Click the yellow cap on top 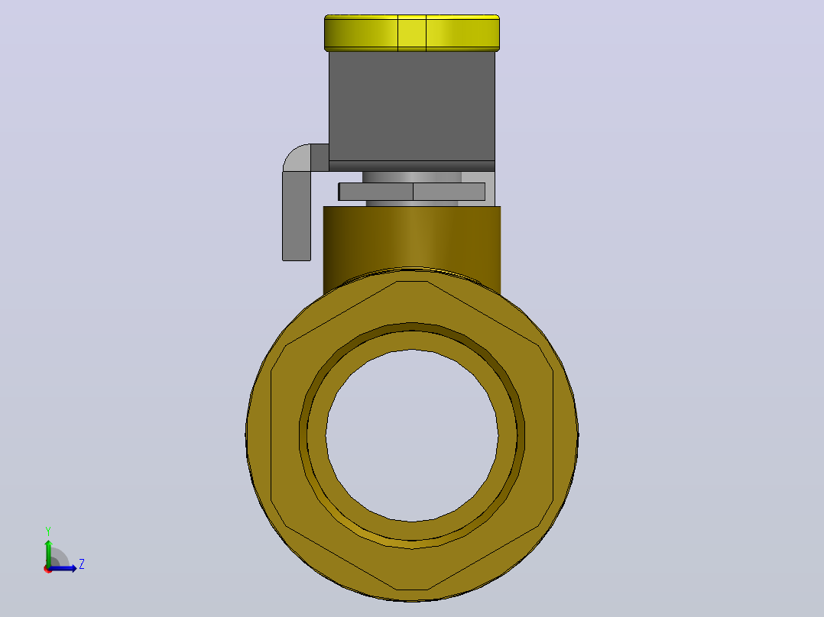(412, 33)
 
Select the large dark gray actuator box (412, 106)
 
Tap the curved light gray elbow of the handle (297, 157)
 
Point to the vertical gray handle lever (297, 216)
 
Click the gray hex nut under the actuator (412, 192)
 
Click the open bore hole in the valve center (412, 435)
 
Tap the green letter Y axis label (48, 531)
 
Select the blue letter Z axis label (82, 564)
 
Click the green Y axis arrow (48, 553)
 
